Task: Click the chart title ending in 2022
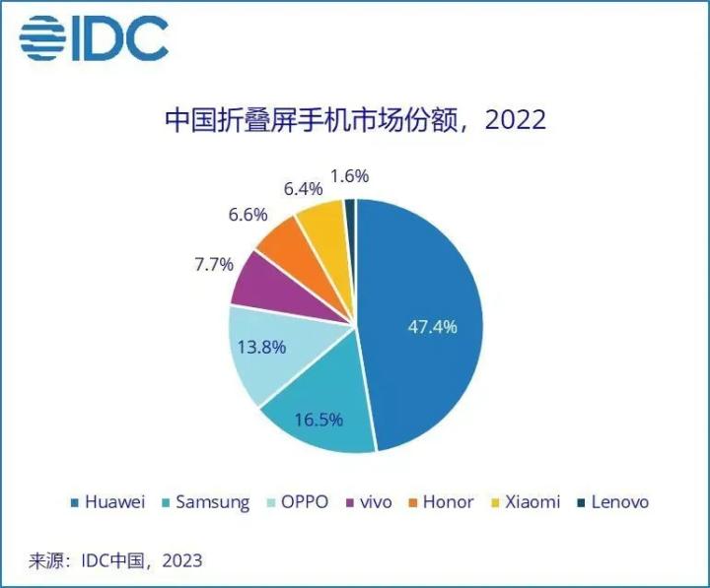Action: click(354, 122)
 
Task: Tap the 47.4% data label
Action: click(433, 327)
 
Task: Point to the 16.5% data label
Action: click(319, 420)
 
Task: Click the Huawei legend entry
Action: click(108, 502)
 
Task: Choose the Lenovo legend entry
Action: click(612, 502)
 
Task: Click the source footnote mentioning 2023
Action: click(115, 560)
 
